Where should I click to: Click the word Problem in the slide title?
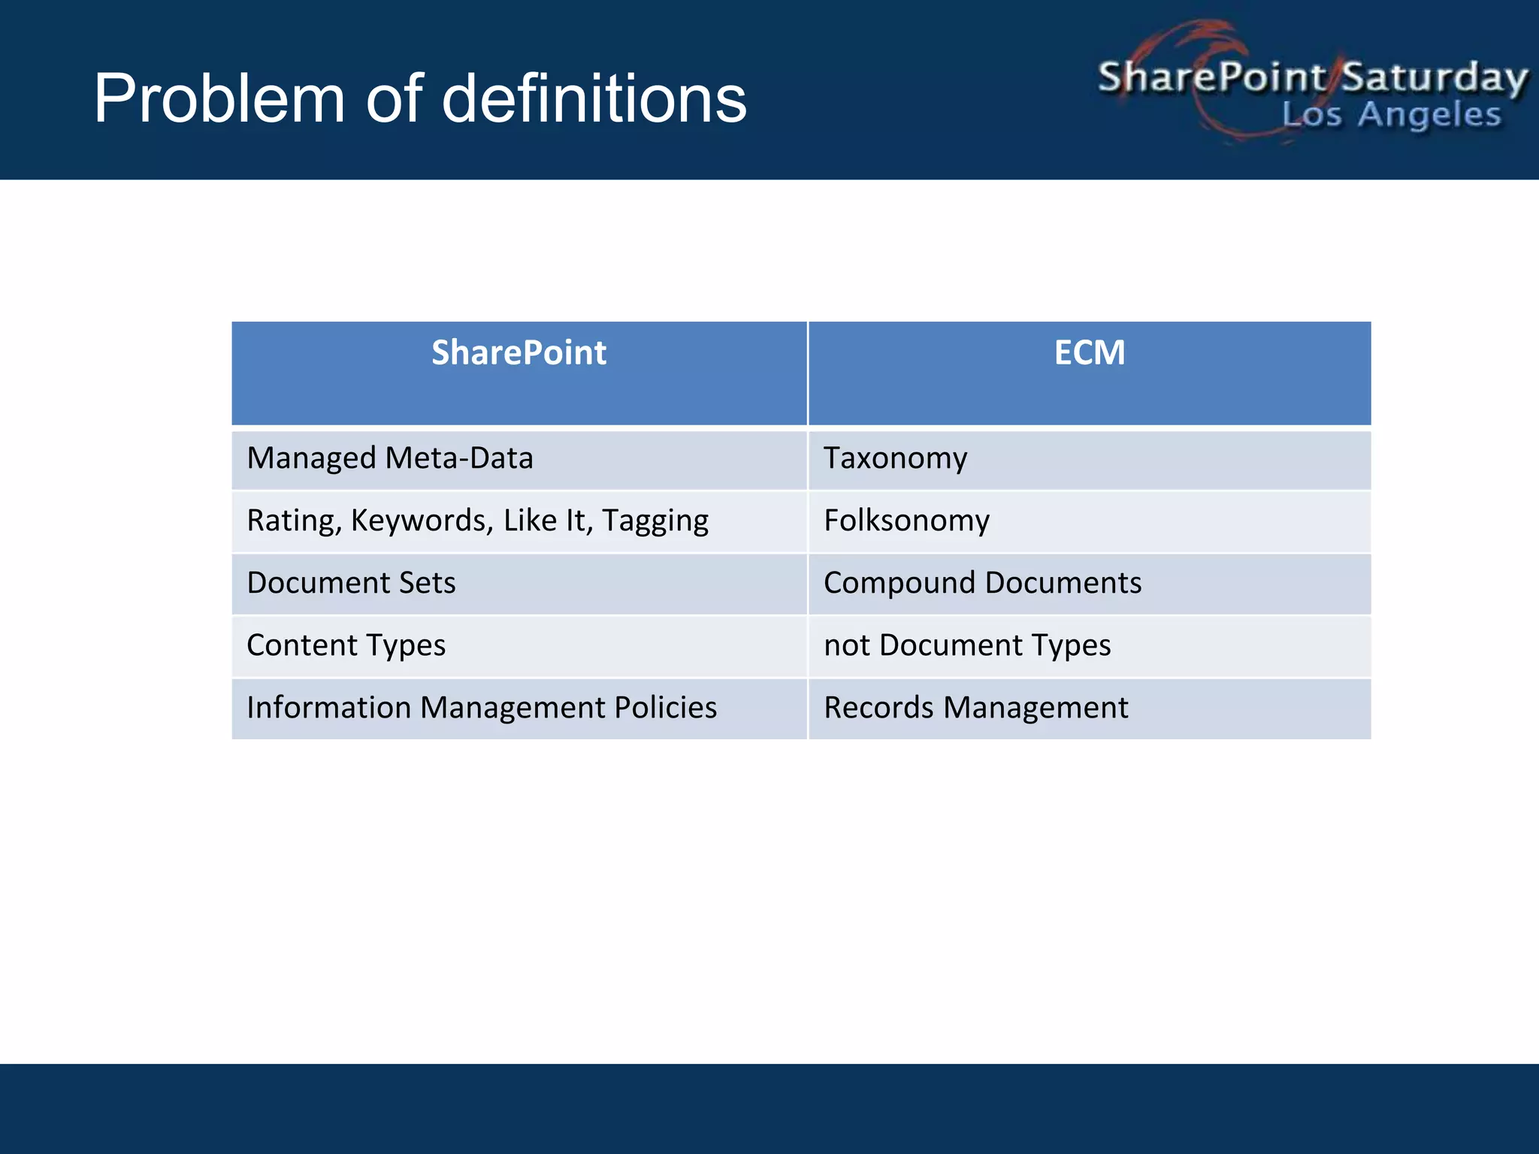point(219,99)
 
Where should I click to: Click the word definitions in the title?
point(594,99)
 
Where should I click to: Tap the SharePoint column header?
point(519,353)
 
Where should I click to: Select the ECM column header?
point(1089,353)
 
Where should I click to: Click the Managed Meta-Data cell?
point(389,458)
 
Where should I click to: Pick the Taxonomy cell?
point(895,458)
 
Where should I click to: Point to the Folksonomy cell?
point(906,521)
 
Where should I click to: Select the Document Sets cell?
point(351,583)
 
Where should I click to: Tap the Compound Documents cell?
point(982,583)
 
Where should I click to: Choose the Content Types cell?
point(346,645)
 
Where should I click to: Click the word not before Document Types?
point(846,646)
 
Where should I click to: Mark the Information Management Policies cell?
point(482,708)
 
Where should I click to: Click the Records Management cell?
point(975,708)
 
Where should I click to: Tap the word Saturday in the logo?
point(1434,78)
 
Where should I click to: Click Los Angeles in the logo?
point(1391,115)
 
